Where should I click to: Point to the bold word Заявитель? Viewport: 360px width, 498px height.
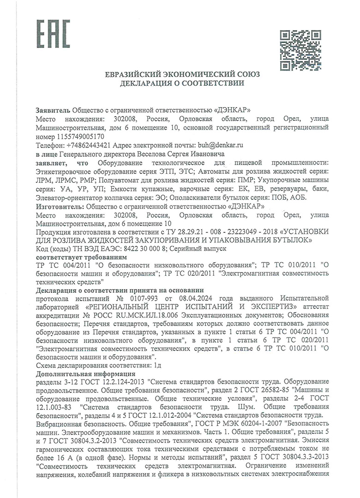click(x=53, y=110)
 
